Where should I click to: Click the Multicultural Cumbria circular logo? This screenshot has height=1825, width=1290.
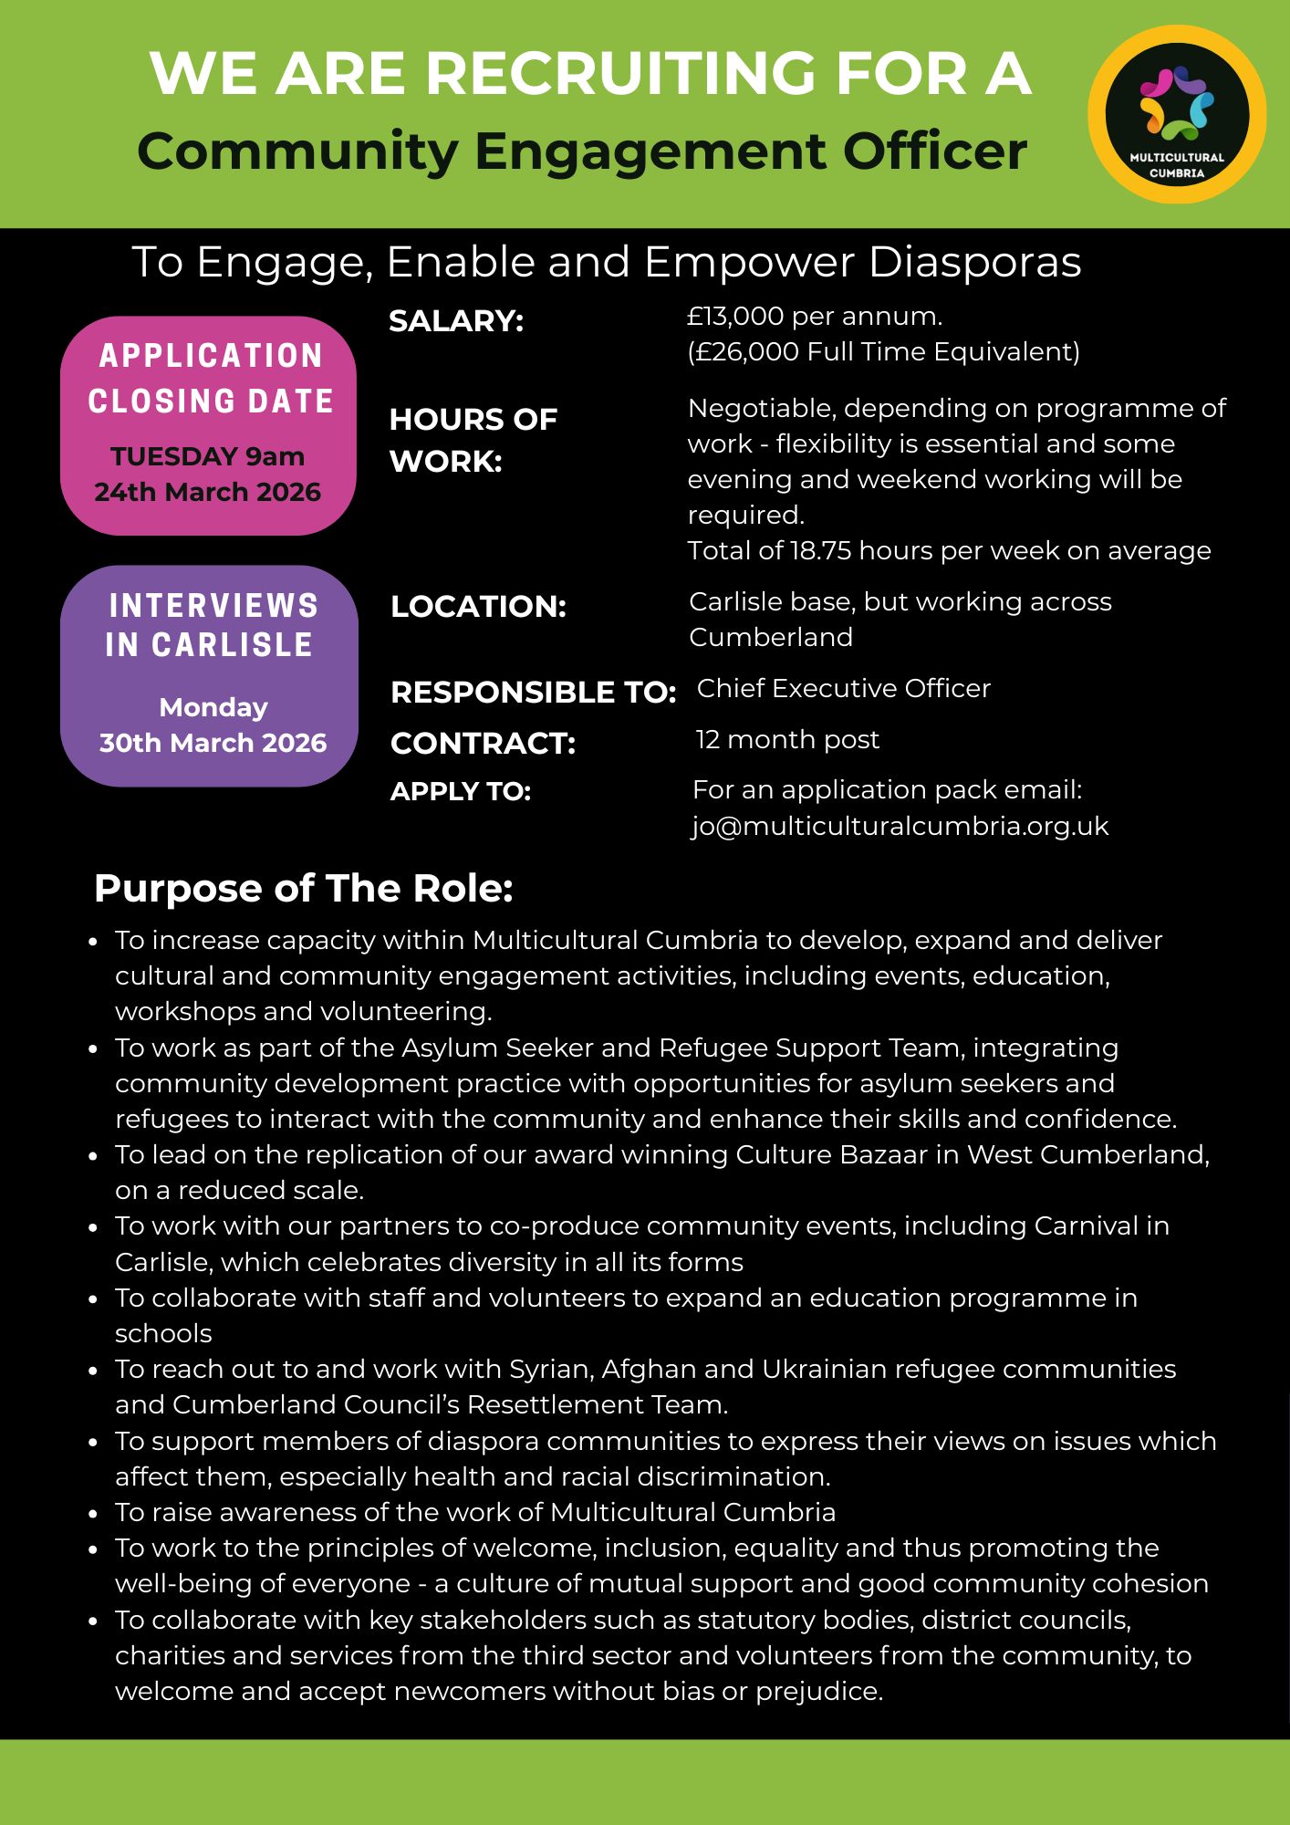click(1177, 114)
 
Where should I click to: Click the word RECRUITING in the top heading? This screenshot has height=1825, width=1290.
click(620, 73)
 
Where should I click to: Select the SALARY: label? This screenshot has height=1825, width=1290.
click(456, 321)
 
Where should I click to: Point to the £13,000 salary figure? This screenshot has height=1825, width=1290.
click(735, 317)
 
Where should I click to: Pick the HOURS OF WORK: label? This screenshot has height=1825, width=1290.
click(473, 440)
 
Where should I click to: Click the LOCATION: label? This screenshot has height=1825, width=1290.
click(478, 607)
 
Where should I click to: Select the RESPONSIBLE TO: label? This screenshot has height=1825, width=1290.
click(533, 693)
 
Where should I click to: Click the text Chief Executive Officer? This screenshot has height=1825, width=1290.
click(843, 688)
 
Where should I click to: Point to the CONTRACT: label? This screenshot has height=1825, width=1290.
click(483, 744)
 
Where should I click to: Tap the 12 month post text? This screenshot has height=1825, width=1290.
click(787, 739)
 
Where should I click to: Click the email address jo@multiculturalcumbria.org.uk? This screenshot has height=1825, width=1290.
click(900, 826)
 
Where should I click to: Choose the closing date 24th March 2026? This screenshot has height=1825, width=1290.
click(208, 492)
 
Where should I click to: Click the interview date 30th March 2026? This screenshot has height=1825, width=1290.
click(213, 743)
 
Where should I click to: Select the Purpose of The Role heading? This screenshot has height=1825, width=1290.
click(303, 888)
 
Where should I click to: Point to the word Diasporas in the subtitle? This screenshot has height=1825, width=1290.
click(974, 262)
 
